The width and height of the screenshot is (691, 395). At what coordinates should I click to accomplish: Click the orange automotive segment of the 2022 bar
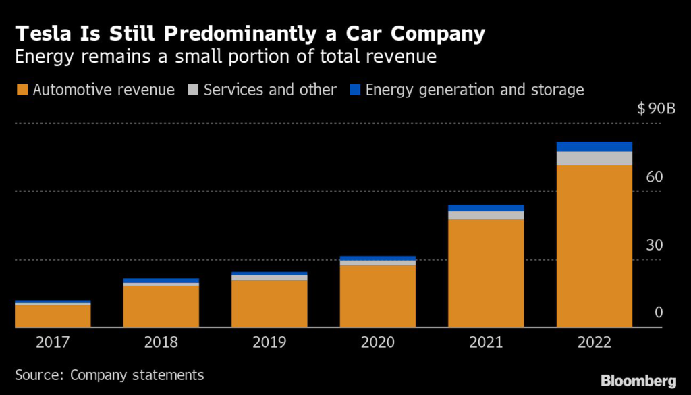pos(594,246)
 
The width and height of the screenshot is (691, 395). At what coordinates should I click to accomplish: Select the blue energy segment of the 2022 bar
pos(594,147)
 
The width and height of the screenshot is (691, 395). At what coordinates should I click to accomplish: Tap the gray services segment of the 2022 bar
pos(594,158)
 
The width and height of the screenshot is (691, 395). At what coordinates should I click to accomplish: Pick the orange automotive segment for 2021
pos(486,273)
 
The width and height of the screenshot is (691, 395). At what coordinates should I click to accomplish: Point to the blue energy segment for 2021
pos(486,208)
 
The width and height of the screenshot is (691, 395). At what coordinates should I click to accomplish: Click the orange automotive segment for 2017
pos(53,316)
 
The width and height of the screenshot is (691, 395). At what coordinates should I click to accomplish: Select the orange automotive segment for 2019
pos(269,304)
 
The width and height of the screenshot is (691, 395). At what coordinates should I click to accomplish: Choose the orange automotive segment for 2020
pos(377,296)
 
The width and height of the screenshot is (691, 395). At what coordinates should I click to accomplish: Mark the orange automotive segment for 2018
pos(161,307)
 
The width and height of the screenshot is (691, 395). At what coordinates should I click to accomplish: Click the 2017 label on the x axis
pos(53,342)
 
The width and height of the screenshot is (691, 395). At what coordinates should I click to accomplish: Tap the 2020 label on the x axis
pos(377,342)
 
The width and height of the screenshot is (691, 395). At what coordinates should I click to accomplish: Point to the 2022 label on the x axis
pos(594,342)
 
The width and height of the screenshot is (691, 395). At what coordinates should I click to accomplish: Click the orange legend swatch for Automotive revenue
pos(22,90)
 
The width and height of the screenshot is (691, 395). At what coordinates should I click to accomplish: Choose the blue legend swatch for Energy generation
pos(355,90)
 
